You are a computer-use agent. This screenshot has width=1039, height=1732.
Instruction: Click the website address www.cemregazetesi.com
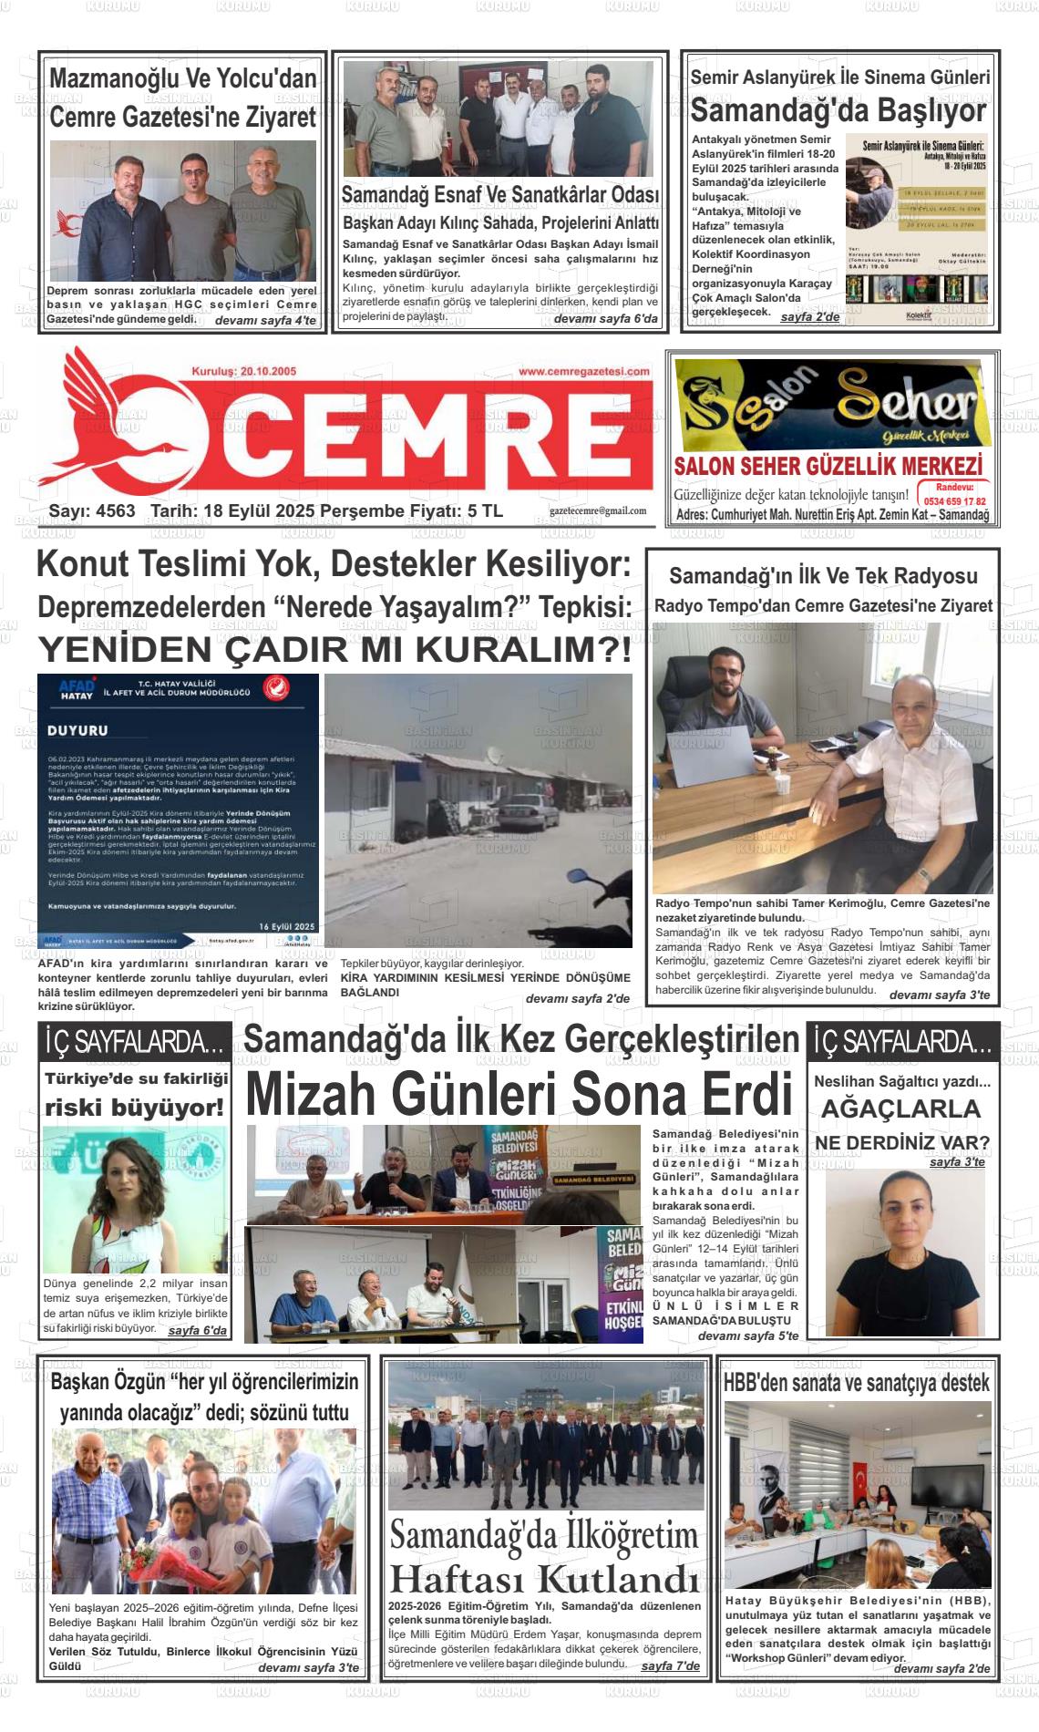point(584,371)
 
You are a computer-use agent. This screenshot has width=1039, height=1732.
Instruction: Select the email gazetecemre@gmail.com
point(598,510)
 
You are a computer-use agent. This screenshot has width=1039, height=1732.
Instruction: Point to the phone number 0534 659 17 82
point(954,501)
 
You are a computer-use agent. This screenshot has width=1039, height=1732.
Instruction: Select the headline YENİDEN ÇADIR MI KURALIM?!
point(334,651)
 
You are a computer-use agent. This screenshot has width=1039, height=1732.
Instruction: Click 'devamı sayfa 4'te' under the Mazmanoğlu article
point(265,321)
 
